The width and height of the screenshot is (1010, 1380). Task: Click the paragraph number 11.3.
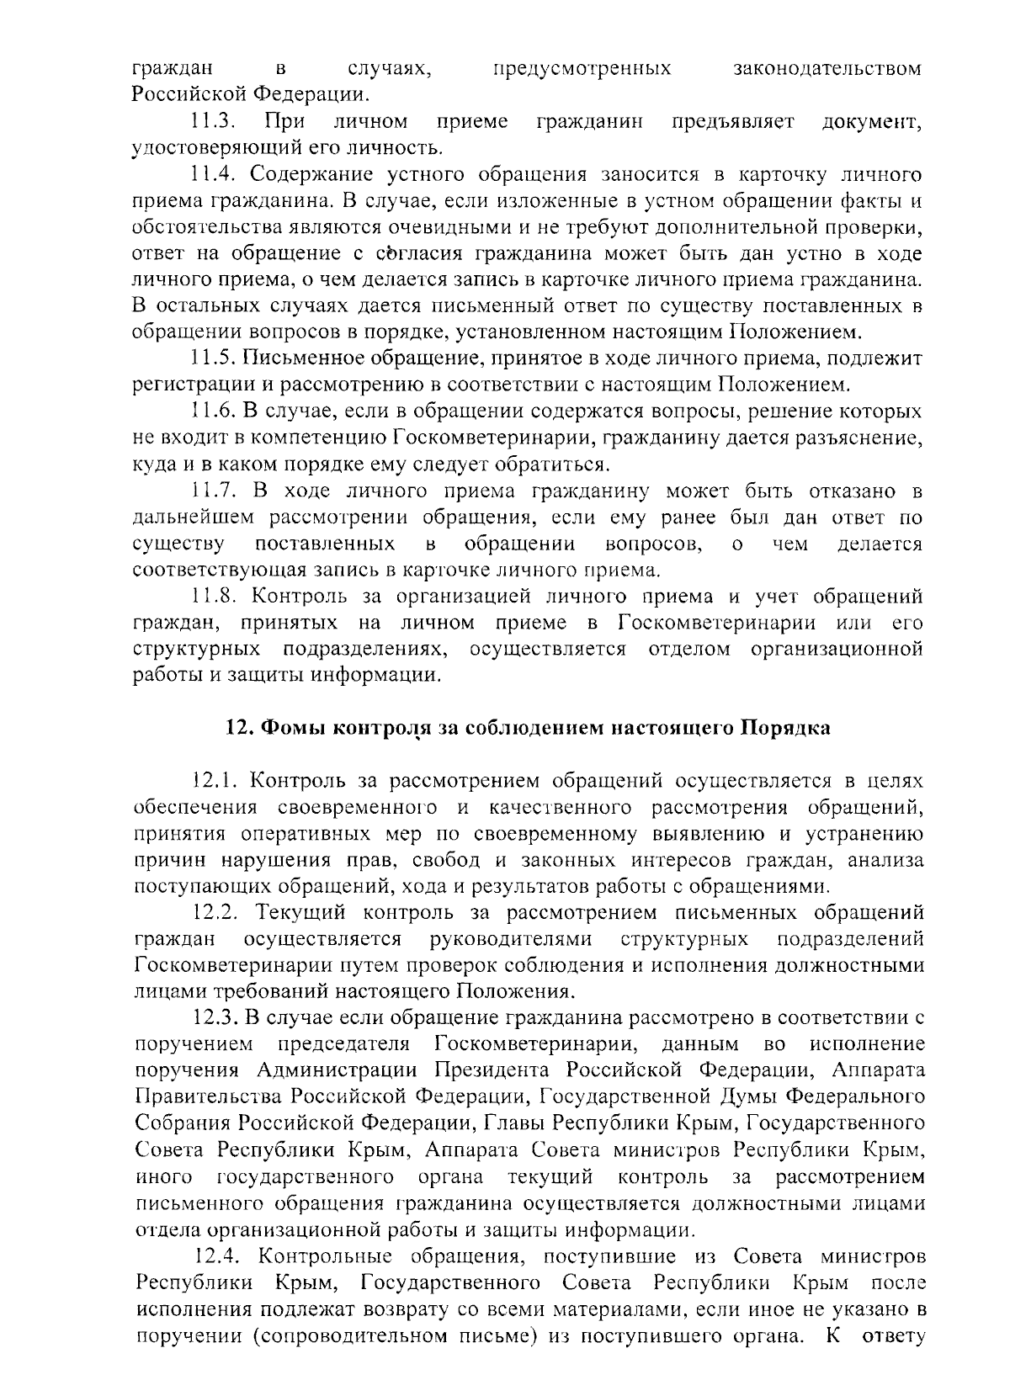(x=211, y=122)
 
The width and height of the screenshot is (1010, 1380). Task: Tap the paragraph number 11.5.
(x=212, y=358)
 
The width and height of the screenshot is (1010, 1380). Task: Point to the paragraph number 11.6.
(x=212, y=411)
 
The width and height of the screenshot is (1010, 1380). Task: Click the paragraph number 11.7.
(x=212, y=491)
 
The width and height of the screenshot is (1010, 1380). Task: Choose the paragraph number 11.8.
(x=212, y=597)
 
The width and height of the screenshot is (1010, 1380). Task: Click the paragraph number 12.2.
(x=216, y=912)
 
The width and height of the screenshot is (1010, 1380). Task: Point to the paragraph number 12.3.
(x=216, y=1018)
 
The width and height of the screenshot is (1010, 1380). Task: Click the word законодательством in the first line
(x=827, y=68)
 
